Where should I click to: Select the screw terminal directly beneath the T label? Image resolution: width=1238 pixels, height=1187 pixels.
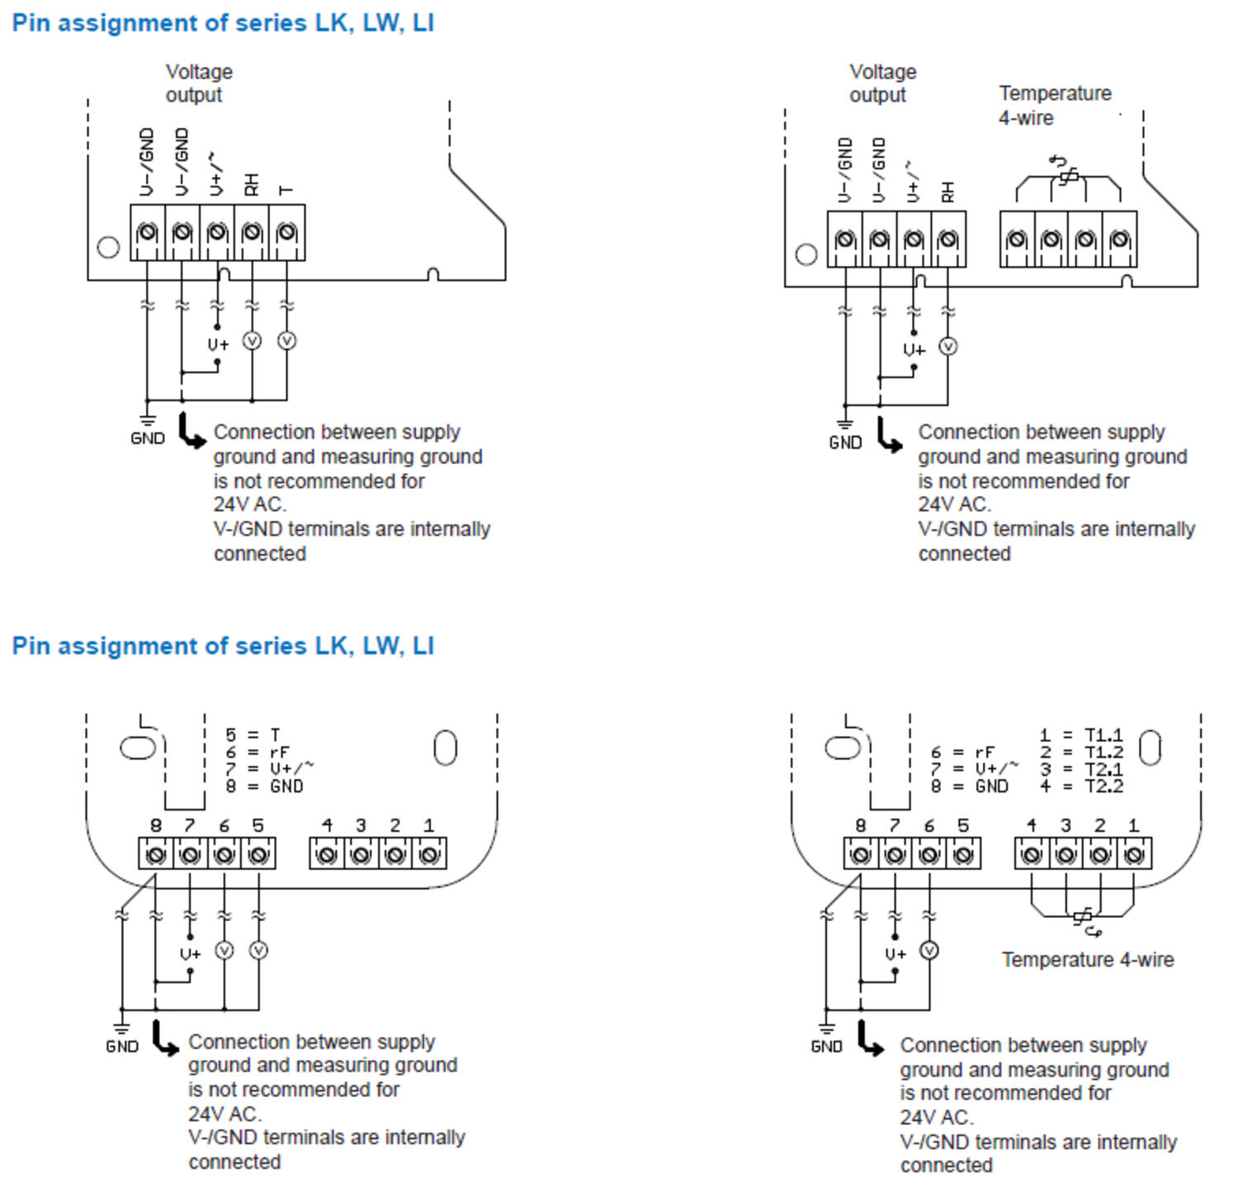coord(286,233)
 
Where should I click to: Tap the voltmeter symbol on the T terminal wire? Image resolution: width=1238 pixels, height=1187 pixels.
coord(286,340)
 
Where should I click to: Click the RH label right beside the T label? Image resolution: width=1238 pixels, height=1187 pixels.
coord(252,184)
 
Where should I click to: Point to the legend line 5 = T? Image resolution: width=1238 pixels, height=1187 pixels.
coord(253,735)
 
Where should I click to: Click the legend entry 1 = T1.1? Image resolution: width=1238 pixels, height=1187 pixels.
coord(1081,735)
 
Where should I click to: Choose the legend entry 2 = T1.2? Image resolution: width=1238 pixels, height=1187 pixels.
coord(1081,752)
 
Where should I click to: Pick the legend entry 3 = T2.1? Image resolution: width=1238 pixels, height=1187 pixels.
coord(1081,769)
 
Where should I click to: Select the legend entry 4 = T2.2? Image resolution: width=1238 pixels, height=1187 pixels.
coord(1081,787)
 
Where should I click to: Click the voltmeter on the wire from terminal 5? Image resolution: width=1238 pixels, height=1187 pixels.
coord(258,951)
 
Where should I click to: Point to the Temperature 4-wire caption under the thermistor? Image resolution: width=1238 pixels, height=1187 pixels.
coord(1088,959)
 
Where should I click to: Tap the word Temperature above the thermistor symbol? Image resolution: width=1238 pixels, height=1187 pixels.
coord(1055,93)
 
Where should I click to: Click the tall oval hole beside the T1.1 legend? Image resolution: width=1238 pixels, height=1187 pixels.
coord(1150,748)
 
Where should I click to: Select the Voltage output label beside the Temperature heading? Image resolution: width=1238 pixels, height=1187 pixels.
coord(882,83)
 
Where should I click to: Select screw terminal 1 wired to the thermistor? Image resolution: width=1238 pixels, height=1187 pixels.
coord(1134,854)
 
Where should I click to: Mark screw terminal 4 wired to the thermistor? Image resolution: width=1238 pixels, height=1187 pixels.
coord(1032,854)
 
